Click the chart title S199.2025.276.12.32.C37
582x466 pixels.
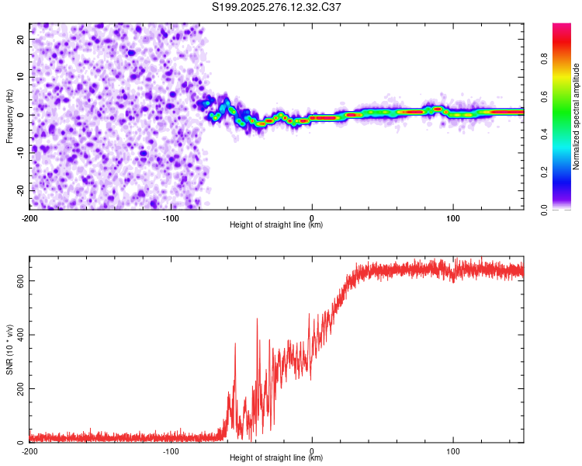277,7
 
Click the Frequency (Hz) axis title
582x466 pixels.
9,116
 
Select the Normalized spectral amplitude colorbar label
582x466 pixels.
577,116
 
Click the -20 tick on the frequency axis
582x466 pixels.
19,190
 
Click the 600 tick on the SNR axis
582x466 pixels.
18,280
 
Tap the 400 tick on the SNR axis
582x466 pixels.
18,335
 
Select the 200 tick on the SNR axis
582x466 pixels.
18,388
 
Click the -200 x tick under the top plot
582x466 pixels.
29,217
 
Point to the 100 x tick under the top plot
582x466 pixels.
453,217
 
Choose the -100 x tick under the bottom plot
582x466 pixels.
171,451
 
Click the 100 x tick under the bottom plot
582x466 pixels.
453,451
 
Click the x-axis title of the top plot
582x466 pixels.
276,225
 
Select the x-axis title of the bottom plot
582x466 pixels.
276,459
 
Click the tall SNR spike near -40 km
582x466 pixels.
257,320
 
